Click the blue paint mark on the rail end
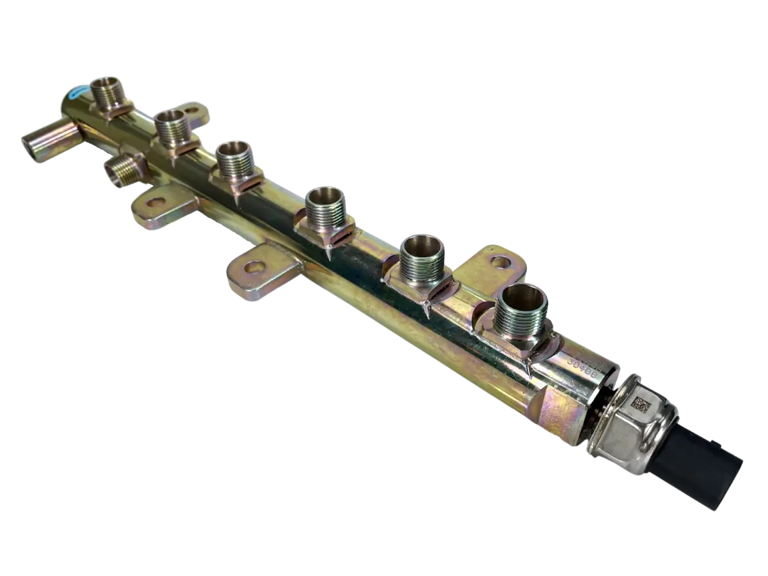76,95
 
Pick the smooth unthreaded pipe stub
48,138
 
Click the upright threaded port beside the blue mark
108,95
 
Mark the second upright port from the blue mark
171,128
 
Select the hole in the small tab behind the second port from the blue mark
191,111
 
